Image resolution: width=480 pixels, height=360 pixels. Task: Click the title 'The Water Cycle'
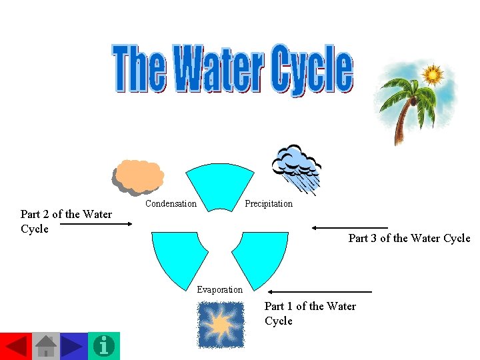(x=233, y=68)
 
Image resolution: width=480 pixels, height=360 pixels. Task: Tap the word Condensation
(x=171, y=203)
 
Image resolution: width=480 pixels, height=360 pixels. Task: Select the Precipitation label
(x=268, y=203)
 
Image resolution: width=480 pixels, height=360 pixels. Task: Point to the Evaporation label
(x=219, y=289)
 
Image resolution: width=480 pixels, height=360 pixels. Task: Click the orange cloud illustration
(x=138, y=175)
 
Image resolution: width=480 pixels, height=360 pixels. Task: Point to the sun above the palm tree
(x=433, y=75)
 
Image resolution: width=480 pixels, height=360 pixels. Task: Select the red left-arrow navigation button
(x=15, y=345)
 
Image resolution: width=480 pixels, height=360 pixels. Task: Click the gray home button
(x=45, y=345)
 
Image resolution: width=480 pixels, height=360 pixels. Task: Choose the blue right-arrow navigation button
(x=74, y=345)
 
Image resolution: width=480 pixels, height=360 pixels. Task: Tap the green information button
(x=104, y=345)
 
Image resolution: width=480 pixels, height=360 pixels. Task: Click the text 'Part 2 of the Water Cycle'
(x=65, y=221)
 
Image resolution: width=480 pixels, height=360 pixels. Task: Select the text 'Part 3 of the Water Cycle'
(x=409, y=239)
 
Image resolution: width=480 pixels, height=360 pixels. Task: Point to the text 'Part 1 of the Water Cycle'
(x=310, y=313)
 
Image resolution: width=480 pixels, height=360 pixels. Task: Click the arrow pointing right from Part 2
(x=101, y=225)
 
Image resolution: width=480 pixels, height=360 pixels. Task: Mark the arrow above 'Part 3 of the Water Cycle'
(x=350, y=228)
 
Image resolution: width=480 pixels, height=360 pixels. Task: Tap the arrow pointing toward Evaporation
(x=320, y=291)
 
